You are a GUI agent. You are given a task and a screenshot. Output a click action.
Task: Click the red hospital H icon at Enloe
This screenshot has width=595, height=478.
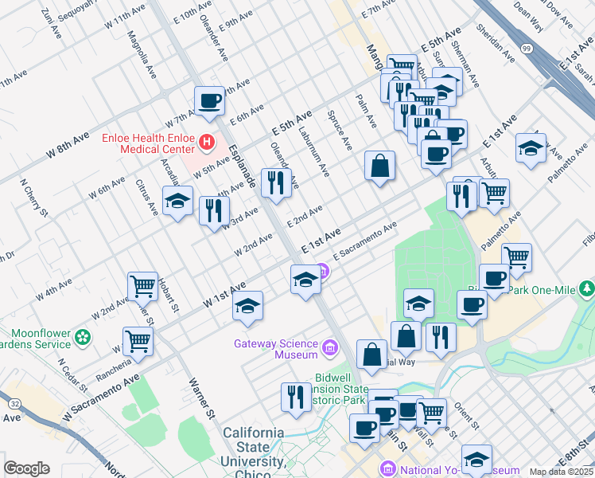click(x=207, y=143)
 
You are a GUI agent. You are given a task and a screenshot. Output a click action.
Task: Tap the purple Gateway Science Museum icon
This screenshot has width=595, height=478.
click(x=330, y=349)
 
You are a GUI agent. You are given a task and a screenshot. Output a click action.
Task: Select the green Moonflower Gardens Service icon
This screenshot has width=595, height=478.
click(x=82, y=339)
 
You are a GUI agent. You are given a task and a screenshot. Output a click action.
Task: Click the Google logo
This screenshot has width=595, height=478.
click(x=26, y=468)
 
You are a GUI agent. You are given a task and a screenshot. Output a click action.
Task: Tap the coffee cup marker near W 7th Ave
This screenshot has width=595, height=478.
click(x=209, y=100)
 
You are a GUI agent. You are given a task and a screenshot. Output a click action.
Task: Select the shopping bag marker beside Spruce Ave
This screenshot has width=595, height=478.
click(x=380, y=166)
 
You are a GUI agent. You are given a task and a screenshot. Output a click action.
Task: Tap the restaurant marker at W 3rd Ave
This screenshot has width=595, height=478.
click(x=213, y=211)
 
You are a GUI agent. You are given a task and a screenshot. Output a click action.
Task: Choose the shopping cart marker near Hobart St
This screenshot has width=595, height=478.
click(x=142, y=285)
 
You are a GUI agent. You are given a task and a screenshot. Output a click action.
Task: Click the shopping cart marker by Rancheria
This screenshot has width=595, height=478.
click(x=138, y=340)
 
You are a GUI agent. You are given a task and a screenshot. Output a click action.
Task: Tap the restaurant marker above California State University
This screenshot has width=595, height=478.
click(x=296, y=396)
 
